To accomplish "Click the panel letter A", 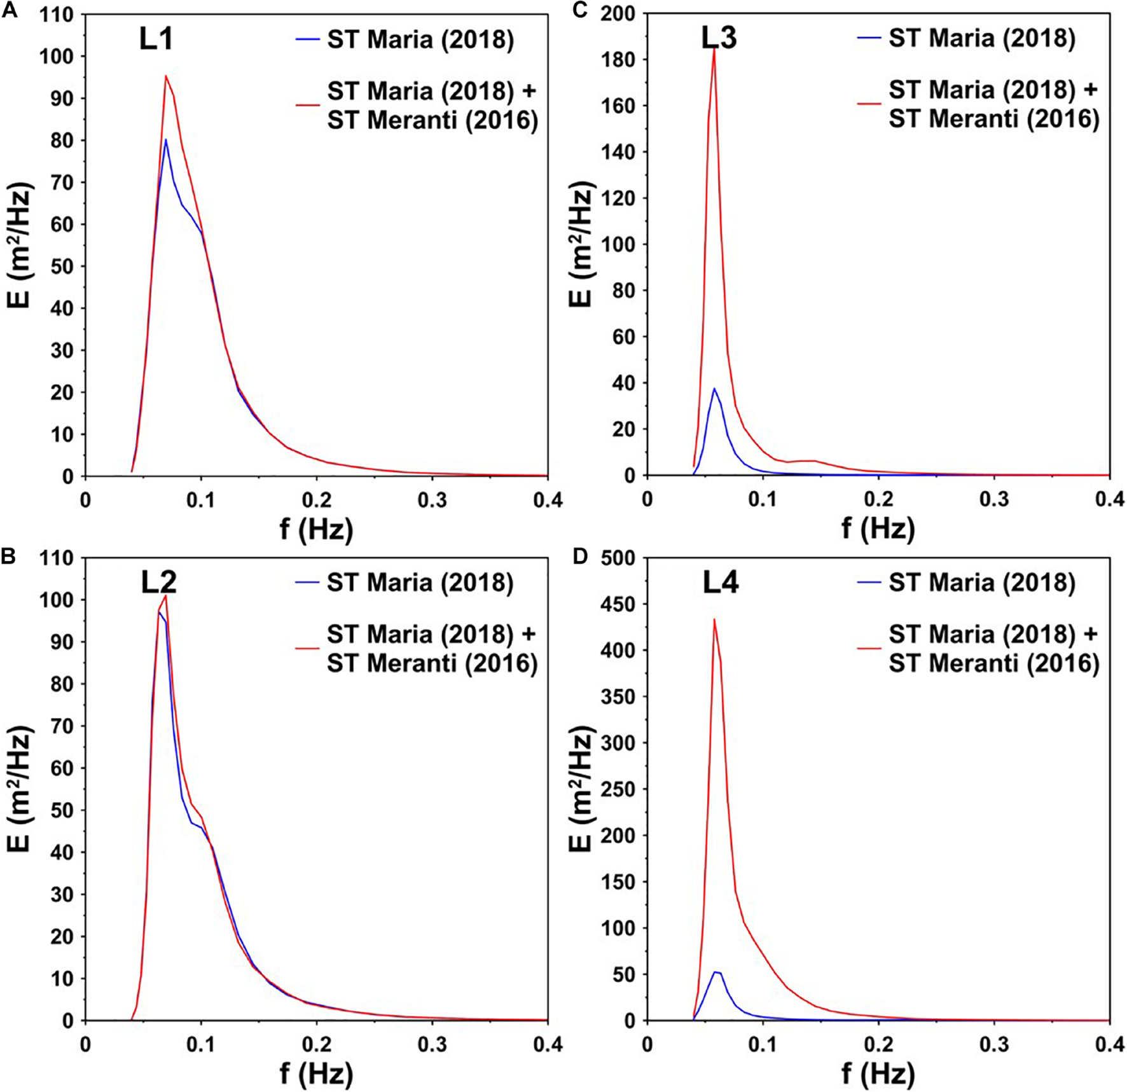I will pos(10,11).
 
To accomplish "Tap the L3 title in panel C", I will pos(719,38).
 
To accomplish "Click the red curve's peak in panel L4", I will pos(714,619).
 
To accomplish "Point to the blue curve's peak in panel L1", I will pos(165,139).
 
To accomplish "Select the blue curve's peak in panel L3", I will pos(714,389).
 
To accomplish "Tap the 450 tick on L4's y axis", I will pos(621,604).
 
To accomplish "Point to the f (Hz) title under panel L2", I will pos(316,1074).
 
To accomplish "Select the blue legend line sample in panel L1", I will pos(308,39).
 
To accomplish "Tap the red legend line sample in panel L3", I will pos(869,103).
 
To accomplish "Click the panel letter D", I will pos(580,556).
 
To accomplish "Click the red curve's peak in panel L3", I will pos(714,49).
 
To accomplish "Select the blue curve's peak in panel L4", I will pos(716,972).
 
